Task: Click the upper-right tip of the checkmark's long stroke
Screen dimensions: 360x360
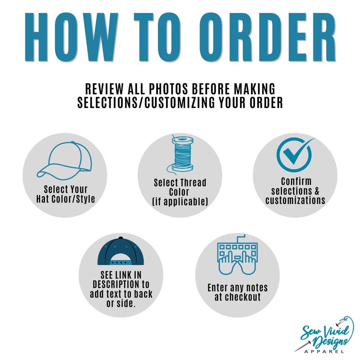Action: click(x=314, y=138)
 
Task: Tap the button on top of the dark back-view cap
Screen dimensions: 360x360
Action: click(x=121, y=238)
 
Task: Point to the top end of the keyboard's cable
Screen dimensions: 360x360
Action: click(x=245, y=235)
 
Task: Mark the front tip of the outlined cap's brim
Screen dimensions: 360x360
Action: click(x=37, y=175)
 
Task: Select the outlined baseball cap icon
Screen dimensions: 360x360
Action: click(x=64, y=161)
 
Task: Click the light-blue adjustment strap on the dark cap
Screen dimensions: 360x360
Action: click(x=121, y=262)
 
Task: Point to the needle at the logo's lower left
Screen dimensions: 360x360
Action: click(x=303, y=347)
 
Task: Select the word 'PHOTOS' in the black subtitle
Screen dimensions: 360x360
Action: click(x=168, y=89)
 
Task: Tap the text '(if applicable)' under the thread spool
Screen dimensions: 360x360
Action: click(x=180, y=202)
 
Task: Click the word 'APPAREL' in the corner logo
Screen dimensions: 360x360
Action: click(x=324, y=351)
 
